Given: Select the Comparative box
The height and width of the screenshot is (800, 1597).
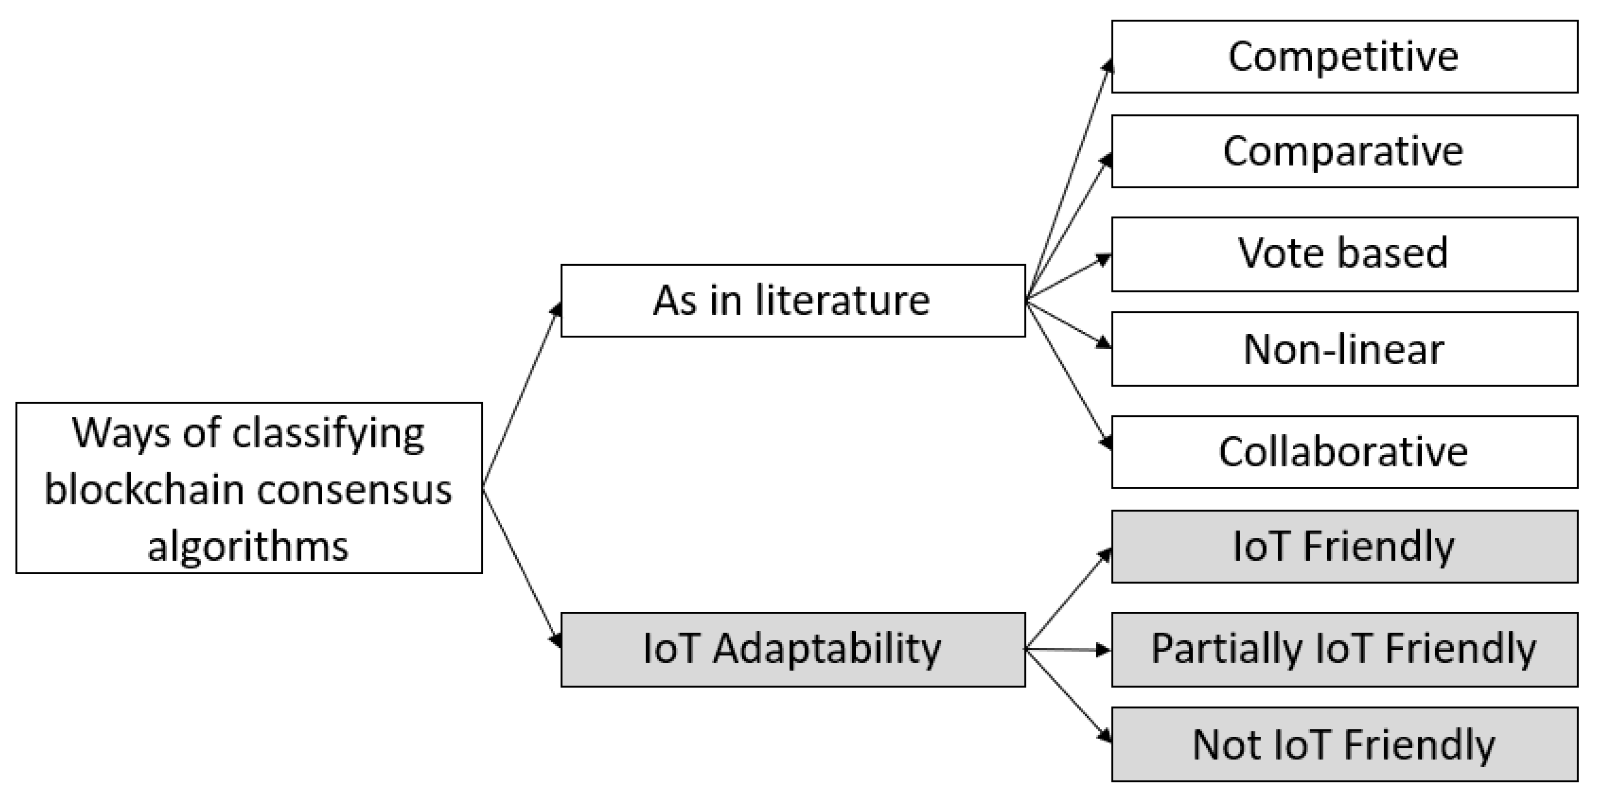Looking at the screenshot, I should click(x=1344, y=151).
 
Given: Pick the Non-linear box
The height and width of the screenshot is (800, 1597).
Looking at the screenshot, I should click(x=1344, y=349).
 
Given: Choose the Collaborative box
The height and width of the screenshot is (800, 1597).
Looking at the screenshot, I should click(x=1344, y=452).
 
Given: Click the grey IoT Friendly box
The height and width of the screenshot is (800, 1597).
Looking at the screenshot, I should click(x=1344, y=547).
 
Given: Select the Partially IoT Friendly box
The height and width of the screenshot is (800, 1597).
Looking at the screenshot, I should click(x=1344, y=649).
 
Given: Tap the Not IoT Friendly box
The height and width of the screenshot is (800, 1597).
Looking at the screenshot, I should click(x=1344, y=744).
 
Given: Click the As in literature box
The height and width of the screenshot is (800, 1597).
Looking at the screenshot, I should click(x=793, y=300).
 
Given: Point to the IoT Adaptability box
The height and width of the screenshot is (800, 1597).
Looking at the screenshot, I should click(x=793, y=649).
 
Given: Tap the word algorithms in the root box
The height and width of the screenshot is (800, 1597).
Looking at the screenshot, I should click(x=248, y=547).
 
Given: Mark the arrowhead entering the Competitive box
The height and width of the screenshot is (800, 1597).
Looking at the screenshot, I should click(x=1107, y=66).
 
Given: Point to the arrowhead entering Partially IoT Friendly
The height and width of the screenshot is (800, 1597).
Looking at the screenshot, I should click(x=1104, y=649).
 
